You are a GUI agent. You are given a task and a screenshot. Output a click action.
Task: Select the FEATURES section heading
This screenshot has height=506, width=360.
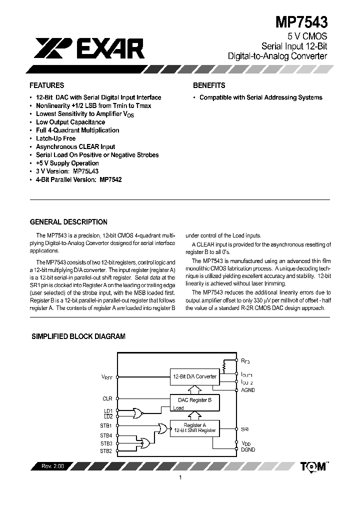click(x=46, y=85)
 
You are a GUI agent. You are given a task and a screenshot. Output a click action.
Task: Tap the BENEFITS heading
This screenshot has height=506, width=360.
click(x=209, y=85)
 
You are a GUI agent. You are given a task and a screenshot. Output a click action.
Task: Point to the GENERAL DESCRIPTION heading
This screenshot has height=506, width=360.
click(x=68, y=222)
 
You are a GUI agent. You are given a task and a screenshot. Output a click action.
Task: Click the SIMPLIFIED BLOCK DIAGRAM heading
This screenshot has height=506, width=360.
click(x=78, y=337)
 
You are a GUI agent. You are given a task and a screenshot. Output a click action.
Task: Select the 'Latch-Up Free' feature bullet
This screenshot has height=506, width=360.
click(x=55, y=138)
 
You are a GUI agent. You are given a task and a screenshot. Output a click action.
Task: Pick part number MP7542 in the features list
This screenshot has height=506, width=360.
click(x=110, y=179)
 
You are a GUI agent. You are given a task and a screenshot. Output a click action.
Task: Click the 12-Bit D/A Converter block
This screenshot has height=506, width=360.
click(x=194, y=376)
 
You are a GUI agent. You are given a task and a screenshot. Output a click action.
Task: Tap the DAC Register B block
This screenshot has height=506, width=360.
click(x=194, y=400)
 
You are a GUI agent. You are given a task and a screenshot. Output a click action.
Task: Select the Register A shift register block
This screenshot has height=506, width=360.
click(x=194, y=427)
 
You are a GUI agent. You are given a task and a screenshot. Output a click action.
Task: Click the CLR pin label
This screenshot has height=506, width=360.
click(x=107, y=398)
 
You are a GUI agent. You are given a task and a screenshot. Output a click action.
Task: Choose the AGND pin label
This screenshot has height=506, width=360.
click(x=248, y=390)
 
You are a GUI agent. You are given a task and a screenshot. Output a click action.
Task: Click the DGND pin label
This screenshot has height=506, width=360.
click(x=248, y=449)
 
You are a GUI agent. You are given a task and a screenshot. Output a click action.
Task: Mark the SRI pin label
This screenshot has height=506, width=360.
click(x=245, y=429)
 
